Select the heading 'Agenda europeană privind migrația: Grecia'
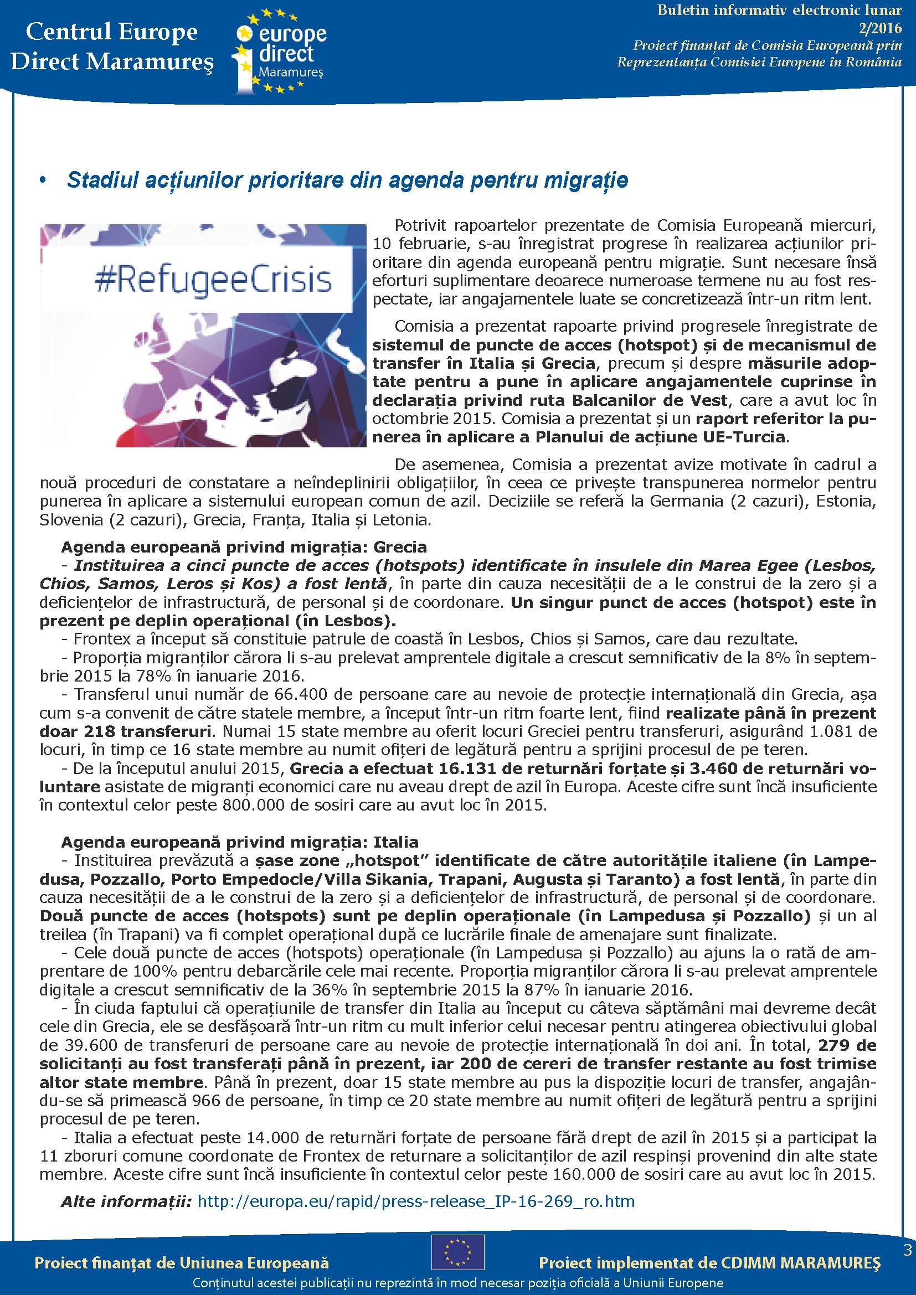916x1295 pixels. tap(244, 547)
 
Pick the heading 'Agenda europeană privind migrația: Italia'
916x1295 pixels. tap(240, 843)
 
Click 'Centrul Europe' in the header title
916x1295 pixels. tap(112, 32)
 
